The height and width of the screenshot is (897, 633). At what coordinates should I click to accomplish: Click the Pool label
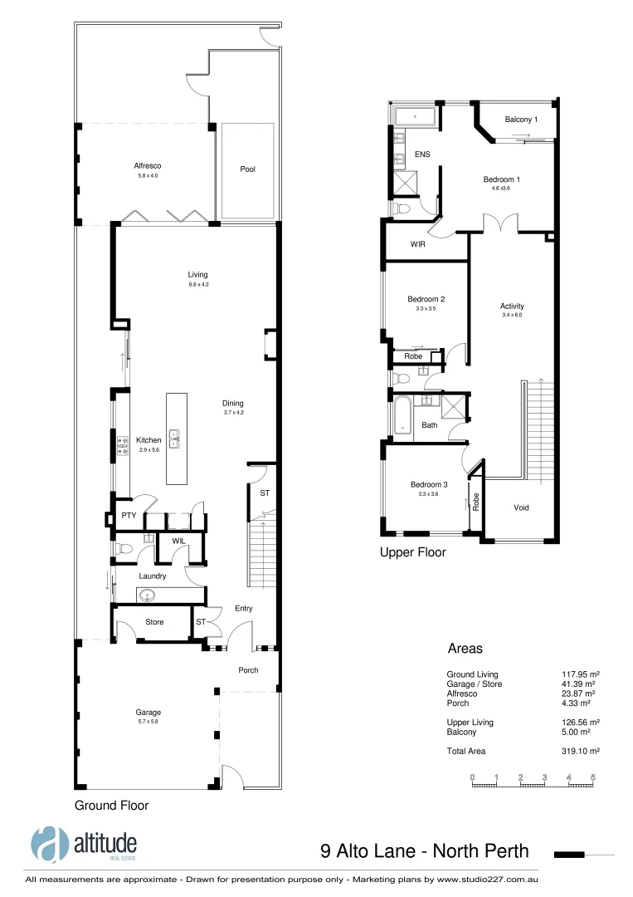point(247,169)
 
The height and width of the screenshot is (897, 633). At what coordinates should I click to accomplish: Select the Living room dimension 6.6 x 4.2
point(197,285)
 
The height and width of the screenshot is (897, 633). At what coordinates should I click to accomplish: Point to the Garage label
point(149,712)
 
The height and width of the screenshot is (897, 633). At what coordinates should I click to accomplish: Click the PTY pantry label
point(129,516)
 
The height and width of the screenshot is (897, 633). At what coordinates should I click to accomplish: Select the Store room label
point(154,622)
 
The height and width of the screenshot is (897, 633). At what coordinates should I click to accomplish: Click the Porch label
point(248,670)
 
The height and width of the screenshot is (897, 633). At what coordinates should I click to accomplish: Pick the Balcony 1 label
point(521,120)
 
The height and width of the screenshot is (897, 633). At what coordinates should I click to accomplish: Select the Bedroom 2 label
point(426,299)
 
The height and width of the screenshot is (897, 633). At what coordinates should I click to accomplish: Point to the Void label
point(521,507)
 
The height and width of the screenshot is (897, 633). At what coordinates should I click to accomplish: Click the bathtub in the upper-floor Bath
point(403,414)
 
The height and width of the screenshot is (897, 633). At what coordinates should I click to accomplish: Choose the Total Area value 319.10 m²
point(581,751)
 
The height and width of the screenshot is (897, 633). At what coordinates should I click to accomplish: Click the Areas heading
point(465,649)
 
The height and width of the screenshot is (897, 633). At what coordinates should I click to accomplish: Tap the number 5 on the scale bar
point(593,777)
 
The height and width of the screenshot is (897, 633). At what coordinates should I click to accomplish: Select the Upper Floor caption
point(412,552)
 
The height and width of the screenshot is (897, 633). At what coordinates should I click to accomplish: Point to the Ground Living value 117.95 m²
point(581,674)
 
